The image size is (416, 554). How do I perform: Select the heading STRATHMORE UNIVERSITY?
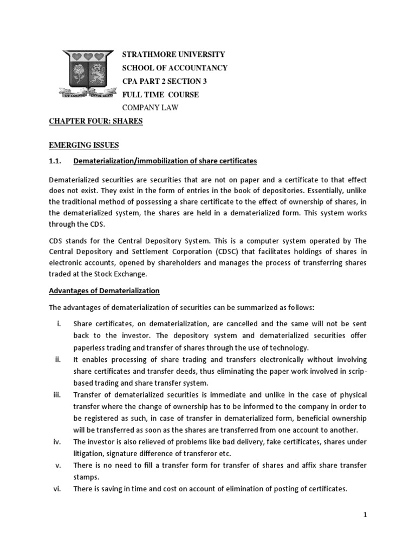pyautogui.click(x=173, y=55)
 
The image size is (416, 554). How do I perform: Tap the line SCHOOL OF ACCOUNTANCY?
pyautogui.click(x=175, y=68)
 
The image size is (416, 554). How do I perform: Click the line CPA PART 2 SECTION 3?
pyautogui.click(x=165, y=81)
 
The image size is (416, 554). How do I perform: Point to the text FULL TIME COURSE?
pyautogui.click(x=161, y=95)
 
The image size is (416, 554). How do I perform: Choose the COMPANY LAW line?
pyautogui.click(x=151, y=108)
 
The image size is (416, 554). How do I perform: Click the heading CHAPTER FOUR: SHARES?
pyautogui.click(x=96, y=121)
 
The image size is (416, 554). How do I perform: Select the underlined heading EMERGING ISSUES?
pyautogui.click(x=84, y=145)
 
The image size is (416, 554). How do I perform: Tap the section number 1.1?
pyautogui.click(x=56, y=161)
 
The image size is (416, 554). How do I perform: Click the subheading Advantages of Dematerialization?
pyautogui.click(x=105, y=291)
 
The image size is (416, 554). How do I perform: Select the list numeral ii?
pyautogui.click(x=57, y=360)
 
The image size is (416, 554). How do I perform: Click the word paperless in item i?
pyautogui.click(x=90, y=347)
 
